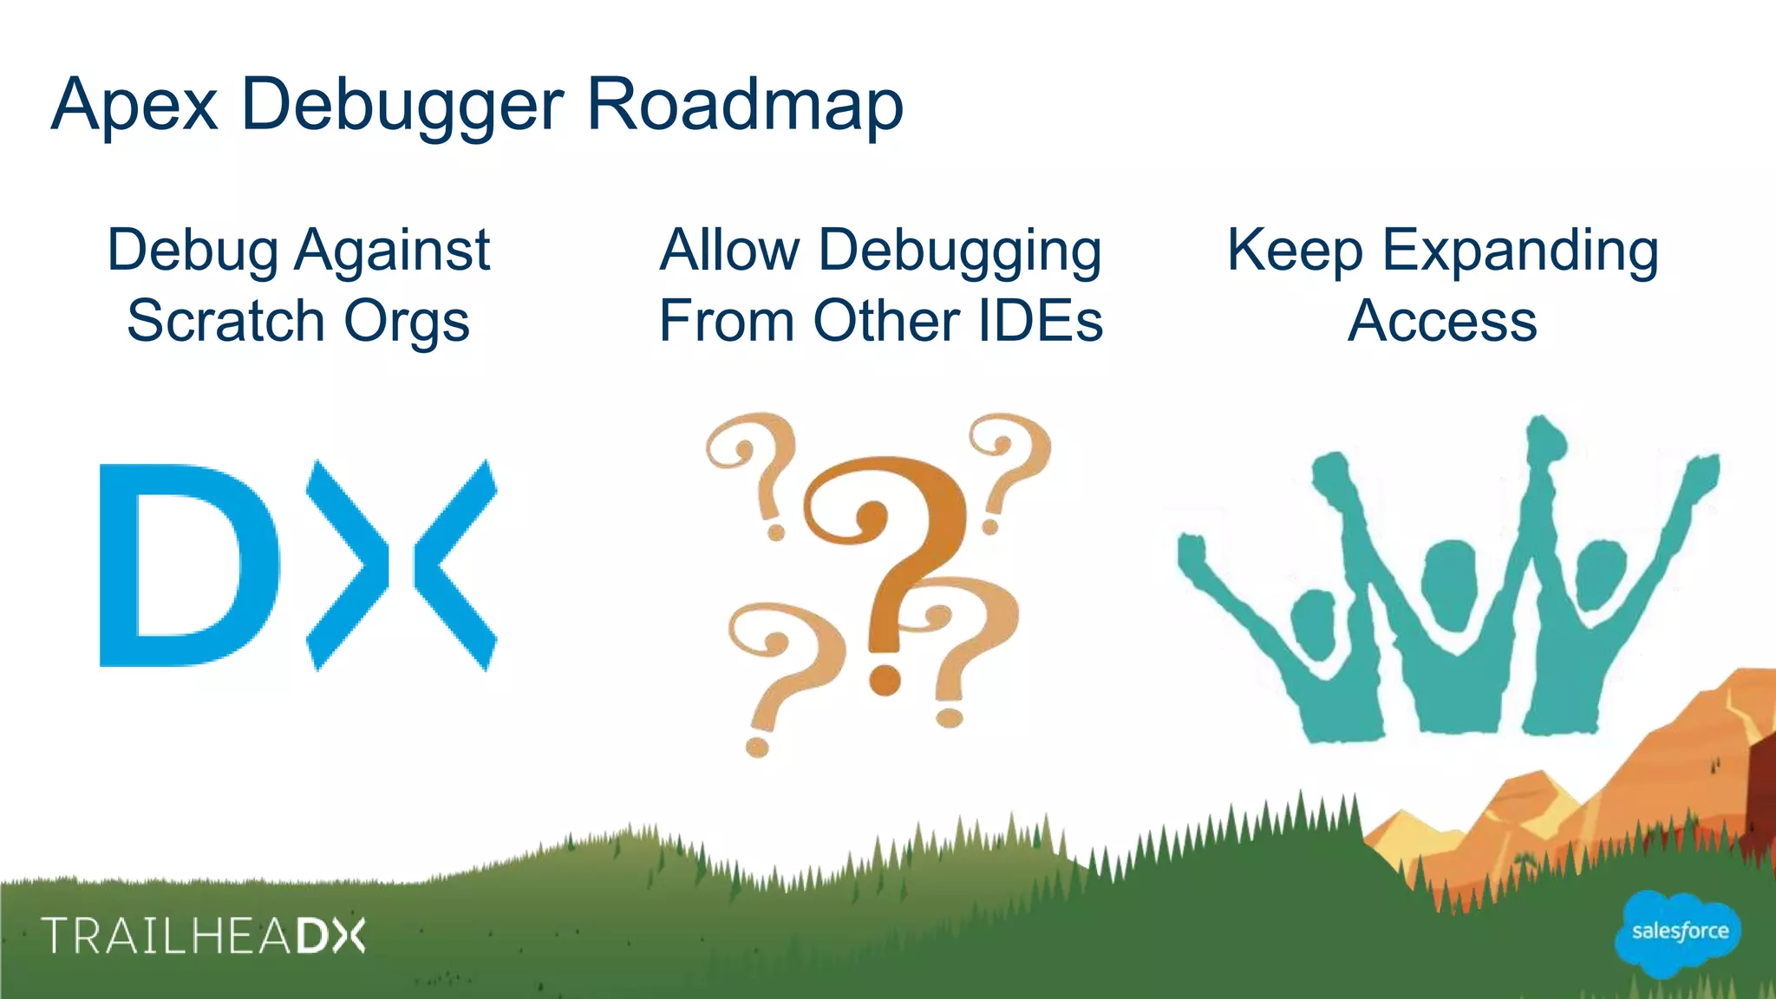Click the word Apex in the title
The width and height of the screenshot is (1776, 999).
[134, 105]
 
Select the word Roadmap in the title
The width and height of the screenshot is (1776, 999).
[745, 105]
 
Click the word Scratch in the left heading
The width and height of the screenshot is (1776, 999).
[225, 321]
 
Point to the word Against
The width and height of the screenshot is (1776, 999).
[392, 251]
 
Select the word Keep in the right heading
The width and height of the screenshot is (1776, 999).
[1294, 250]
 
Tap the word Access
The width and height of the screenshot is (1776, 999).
[1442, 321]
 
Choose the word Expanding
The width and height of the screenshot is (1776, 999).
[1520, 251]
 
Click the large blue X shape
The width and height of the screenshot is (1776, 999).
[402, 565]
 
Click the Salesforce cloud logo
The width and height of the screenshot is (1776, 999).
[1679, 931]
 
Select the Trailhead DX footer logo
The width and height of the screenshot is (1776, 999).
[205, 936]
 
